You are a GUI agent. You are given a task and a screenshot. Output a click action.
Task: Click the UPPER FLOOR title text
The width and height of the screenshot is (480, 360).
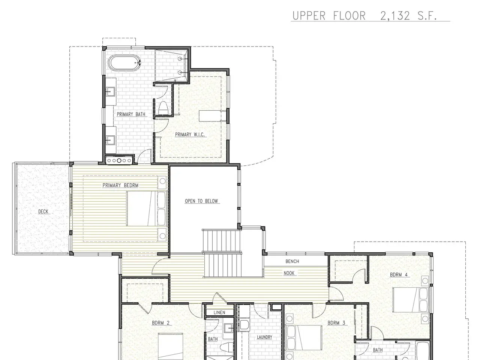pyautogui.click(x=329, y=16)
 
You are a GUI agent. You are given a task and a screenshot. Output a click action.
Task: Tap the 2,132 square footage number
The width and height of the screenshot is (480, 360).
pyautogui.click(x=395, y=16)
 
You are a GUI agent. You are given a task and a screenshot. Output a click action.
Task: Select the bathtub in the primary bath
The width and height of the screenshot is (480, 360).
pyautogui.click(x=124, y=63)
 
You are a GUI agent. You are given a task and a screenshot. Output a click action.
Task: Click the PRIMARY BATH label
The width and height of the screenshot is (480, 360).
pyautogui.click(x=131, y=114)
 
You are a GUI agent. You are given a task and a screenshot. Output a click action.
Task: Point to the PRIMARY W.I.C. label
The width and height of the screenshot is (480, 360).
pyautogui.click(x=190, y=134)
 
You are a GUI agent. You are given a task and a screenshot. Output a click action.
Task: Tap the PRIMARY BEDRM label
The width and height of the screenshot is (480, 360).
pyautogui.click(x=120, y=185)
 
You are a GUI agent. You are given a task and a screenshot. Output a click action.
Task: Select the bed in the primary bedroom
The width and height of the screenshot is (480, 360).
pyautogui.click(x=147, y=208)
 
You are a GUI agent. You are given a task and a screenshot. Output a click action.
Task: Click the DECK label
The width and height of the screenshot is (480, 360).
pyautogui.click(x=43, y=211)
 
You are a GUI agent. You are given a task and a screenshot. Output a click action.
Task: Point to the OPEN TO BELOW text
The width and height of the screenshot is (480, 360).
pyautogui.click(x=201, y=201)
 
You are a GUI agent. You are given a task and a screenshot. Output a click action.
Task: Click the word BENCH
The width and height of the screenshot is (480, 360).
pyautogui.click(x=292, y=261)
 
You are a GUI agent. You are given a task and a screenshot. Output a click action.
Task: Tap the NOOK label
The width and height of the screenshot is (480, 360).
pyautogui.click(x=289, y=273)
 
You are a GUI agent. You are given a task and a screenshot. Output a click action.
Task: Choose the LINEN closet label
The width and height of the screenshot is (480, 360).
pyautogui.click(x=219, y=312)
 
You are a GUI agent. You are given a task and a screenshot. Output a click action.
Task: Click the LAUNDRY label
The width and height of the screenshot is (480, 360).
pyautogui.click(x=264, y=337)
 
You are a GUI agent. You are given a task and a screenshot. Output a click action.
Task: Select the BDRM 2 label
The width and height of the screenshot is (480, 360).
pyautogui.click(x=161, y=323)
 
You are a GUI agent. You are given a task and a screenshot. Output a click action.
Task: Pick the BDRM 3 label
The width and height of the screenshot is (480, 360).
pyautogui.click(x=336, y=323)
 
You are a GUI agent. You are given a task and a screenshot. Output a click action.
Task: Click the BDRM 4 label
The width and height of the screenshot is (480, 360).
pyautogui.click(x=399, y=274)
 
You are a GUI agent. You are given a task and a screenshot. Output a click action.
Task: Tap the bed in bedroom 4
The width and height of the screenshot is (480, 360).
pyautogui.click(x=410, y=300)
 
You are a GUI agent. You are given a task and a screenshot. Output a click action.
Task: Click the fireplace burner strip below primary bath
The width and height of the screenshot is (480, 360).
pyautogui.click(x=119, y=160)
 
